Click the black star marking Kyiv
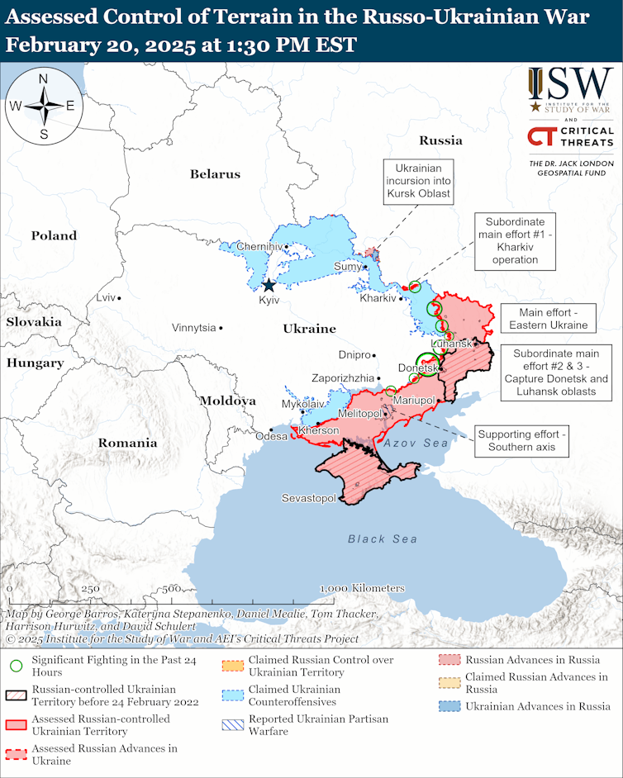click(x=269, y=286)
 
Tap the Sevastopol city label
click(x=308, y=498)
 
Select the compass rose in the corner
click(x=43, y=105)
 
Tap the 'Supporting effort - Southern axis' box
click(x=522, y=440)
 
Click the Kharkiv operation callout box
click(x=521, y=240)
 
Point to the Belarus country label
click(x=215, y=174)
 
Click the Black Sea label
click(x=382, y=538)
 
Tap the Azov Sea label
click(x=415, y=444)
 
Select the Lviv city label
click(x=106, y=297)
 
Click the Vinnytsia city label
click(x=194, y=328)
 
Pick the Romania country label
click(x=127, y=443)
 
